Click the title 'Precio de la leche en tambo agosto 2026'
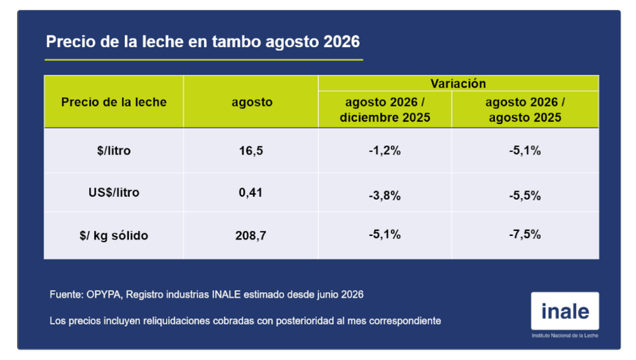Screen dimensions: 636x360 click(203, 42)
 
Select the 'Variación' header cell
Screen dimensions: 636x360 click(458, 83)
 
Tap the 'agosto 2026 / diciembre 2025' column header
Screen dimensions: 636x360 click(385, 109)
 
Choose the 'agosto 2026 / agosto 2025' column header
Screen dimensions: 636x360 click(525, 109)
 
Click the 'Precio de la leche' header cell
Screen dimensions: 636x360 click(114, 102)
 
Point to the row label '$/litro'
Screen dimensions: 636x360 click(114, 151)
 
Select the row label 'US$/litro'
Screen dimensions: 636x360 click(114, 192)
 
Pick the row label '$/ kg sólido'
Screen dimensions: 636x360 click(114, 235)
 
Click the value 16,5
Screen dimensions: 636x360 click(251, 151)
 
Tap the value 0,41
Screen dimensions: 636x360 click(251, 192)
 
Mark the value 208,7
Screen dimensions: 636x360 click(251, 235)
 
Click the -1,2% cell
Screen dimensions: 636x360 click(385, 151)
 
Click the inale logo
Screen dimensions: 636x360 click(565, 311)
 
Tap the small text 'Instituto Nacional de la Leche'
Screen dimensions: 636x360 click(565, 336)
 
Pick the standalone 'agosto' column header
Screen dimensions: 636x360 click(252, 102)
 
